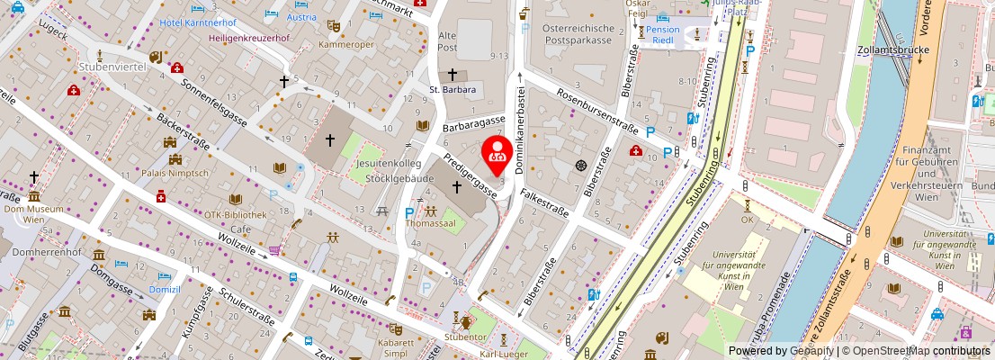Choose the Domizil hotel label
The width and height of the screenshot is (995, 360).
165,292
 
